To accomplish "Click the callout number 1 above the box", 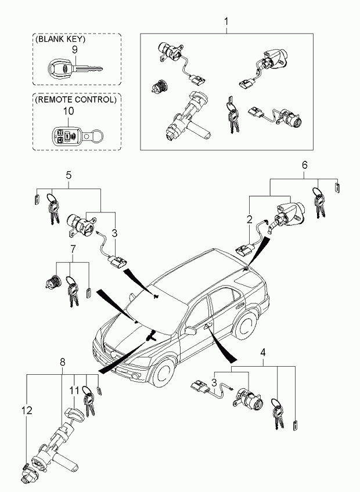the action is (x=226, y=21).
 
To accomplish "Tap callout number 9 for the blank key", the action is (x=75, y=49).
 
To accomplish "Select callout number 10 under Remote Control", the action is (x=69, y=111).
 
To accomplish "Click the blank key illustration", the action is (x=75, y=68).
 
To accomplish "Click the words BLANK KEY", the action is (x=60, y=39).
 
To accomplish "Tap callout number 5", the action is (x=69, y=175).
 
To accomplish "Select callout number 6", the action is (x=304, y=165).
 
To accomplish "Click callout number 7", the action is (x=73, y=249).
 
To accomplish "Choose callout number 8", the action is (x=63, y=363).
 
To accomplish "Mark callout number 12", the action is (x=27, y=410).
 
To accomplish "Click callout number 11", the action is (x=74, y=390).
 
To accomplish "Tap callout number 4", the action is (x=263, y=352).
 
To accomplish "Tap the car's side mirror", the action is (x=190, y=330).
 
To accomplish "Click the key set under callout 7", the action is (x=71, y=290).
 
